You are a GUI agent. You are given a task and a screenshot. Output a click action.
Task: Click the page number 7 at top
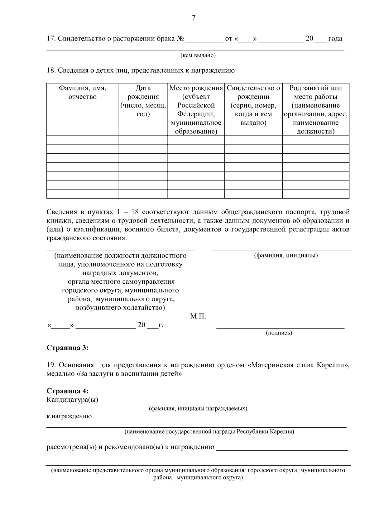tap(193, 18)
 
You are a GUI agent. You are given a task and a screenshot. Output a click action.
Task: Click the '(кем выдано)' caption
tap(198, 55)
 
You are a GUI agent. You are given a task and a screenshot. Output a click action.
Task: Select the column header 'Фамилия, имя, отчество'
tap(83, 92)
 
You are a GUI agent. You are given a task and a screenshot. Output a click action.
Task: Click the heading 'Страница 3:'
tap(67, 348)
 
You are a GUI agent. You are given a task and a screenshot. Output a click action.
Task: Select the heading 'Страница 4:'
tap(67, 391)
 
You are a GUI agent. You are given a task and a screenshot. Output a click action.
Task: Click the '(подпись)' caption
tap(279, 333)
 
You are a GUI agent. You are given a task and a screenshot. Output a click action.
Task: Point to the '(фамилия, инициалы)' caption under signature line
tap(286, 256)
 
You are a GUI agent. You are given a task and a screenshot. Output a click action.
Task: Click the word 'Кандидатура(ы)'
tap(72, 400)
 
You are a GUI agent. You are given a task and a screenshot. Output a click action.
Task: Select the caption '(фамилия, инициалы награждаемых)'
tap(198, 408)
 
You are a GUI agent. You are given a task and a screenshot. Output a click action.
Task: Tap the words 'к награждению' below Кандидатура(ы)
tap(69, 416)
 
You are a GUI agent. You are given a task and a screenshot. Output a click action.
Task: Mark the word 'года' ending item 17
tap(335, 39)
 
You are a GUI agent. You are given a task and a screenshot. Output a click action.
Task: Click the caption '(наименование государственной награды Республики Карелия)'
tap(209, 432)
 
